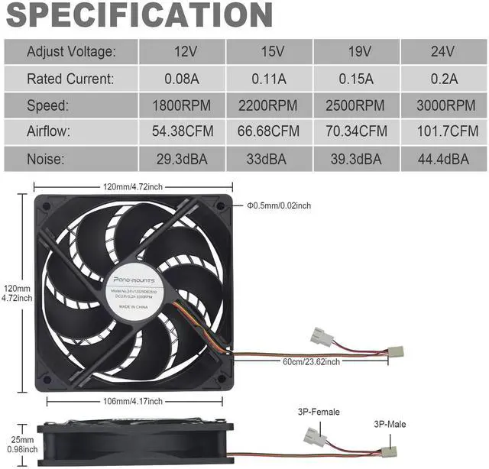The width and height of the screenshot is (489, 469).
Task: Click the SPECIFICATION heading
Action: point(138,15)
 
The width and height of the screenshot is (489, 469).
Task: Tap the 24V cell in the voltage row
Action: point(444,52)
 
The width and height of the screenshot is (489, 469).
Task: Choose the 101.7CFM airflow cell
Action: point(444,131)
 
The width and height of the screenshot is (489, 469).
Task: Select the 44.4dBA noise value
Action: point(444,159)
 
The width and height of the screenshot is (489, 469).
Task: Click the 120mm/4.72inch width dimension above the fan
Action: point(134,186)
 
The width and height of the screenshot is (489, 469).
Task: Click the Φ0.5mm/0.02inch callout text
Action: point(279,205)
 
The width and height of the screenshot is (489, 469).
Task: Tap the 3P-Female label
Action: point(319,412)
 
